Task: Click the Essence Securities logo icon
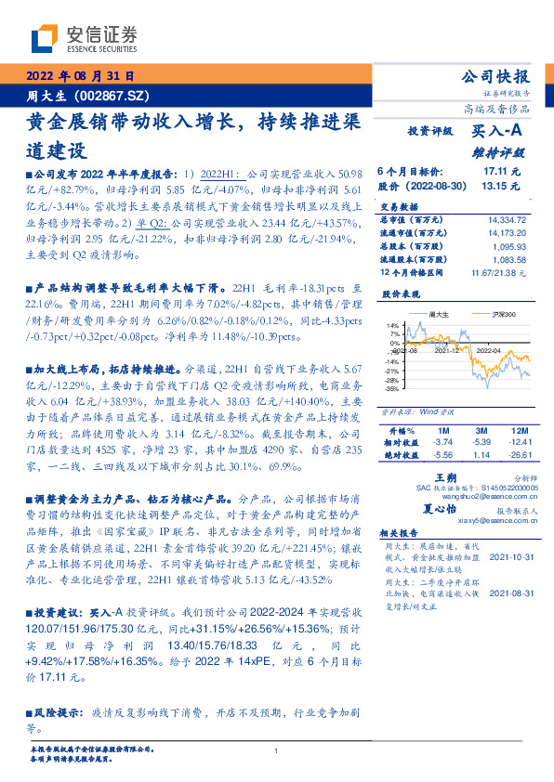[x=45, y=39]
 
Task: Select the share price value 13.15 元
[x=502, y=186]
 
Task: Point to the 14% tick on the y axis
[x=394, y=324]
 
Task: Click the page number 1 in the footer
[x=276, y=750]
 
